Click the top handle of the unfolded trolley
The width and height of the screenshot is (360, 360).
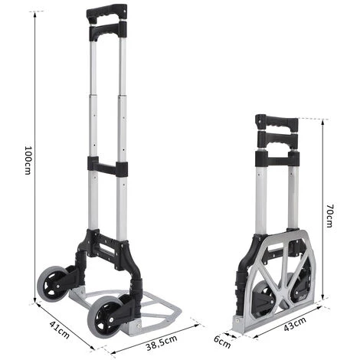[x=106, y=13]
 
